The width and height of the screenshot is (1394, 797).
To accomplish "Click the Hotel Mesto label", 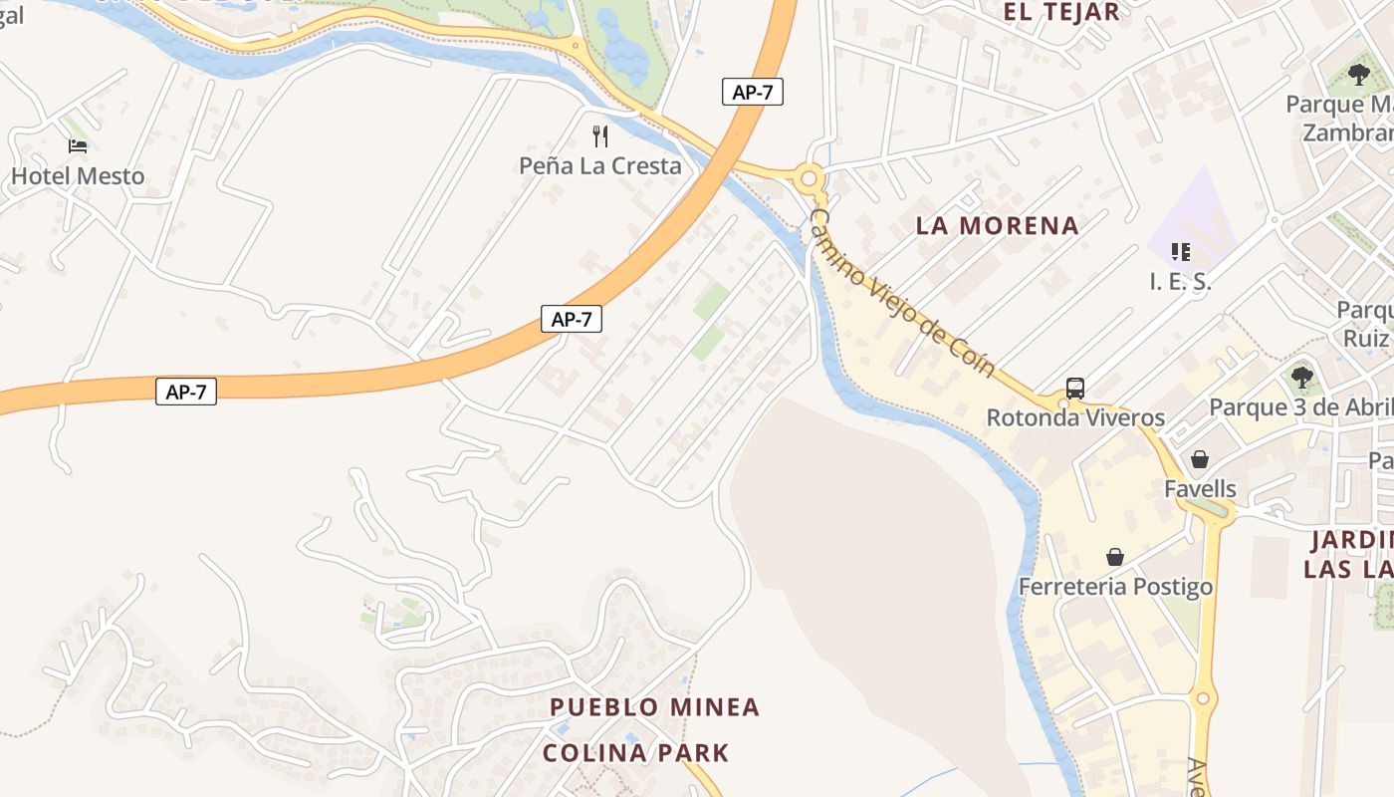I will pos(78,176).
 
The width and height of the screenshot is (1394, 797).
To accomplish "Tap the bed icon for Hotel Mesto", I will pos(78,146).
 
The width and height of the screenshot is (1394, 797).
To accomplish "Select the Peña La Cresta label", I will pos(600,165).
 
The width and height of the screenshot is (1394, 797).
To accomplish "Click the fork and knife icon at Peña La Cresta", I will pos(599,135).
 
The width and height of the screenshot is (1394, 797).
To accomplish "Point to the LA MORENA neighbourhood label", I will pos(997,226).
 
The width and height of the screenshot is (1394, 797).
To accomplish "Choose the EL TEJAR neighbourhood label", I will pos(1060,12).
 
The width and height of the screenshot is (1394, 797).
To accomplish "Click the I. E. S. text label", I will pos(1180,282).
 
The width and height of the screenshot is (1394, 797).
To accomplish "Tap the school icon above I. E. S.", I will pos(1180,252).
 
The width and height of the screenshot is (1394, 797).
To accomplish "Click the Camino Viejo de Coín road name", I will pos(902,292).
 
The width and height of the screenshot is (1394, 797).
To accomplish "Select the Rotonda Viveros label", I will pos(1075,417).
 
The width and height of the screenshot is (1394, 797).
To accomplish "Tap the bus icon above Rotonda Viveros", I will pos(1075,389).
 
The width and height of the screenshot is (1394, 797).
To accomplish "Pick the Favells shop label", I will pos(1200,489).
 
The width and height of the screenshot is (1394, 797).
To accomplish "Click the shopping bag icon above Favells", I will pos(1200,459).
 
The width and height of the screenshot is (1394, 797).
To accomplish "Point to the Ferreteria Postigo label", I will pos(1115,586).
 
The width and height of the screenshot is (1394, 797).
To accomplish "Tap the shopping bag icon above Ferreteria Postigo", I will pos(1115,557).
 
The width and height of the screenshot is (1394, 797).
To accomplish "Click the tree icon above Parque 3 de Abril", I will pos(1301,378).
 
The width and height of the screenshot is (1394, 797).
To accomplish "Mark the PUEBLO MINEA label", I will pos(654,707).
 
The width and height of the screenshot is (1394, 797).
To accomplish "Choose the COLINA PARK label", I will pos(635,752).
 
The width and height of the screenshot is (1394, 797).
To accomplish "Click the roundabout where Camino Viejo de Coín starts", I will pos(809,179).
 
